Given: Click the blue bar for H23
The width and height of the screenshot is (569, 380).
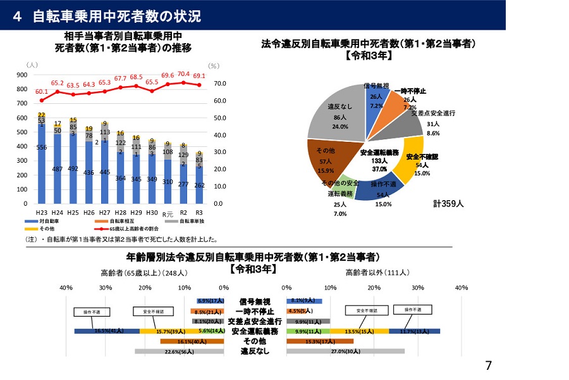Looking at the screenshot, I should coord(42,165).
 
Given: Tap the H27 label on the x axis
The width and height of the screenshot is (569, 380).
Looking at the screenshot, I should coord(105,212).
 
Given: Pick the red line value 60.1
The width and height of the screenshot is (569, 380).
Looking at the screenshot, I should coord(41,91).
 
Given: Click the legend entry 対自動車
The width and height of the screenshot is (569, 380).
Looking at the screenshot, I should coord(49,221).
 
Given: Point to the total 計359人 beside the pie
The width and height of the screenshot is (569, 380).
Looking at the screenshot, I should coord(448,204).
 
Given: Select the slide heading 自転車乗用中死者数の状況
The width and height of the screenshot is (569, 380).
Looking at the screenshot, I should coord(116,16).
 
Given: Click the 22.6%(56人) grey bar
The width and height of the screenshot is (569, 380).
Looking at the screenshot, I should coord(179,351).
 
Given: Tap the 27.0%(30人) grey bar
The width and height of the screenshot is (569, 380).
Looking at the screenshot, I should coord(345,351).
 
